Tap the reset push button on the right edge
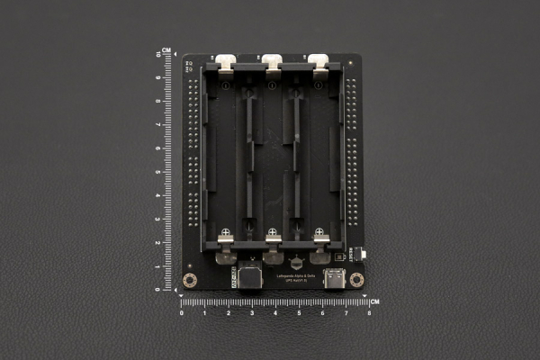tap(361, 254)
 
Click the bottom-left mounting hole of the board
tap(190, 280)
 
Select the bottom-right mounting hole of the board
tap(356, 280)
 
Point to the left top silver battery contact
tap(225, 62)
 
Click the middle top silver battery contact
tap(272, 62)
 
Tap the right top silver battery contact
tap(319, 62)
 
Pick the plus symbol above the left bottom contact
tap(225, 232)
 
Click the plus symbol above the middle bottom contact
tap(272, 232)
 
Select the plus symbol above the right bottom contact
tap(319, 232)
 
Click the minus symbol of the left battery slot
tap(225, 85)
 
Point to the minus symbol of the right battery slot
tap(319, 85)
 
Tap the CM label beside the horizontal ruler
tap(374, 301)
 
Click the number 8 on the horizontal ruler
tap(369, 312)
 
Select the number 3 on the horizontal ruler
tap(252, 312)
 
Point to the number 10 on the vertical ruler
tap(157, 55)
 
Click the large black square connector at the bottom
tap(250, 275)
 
